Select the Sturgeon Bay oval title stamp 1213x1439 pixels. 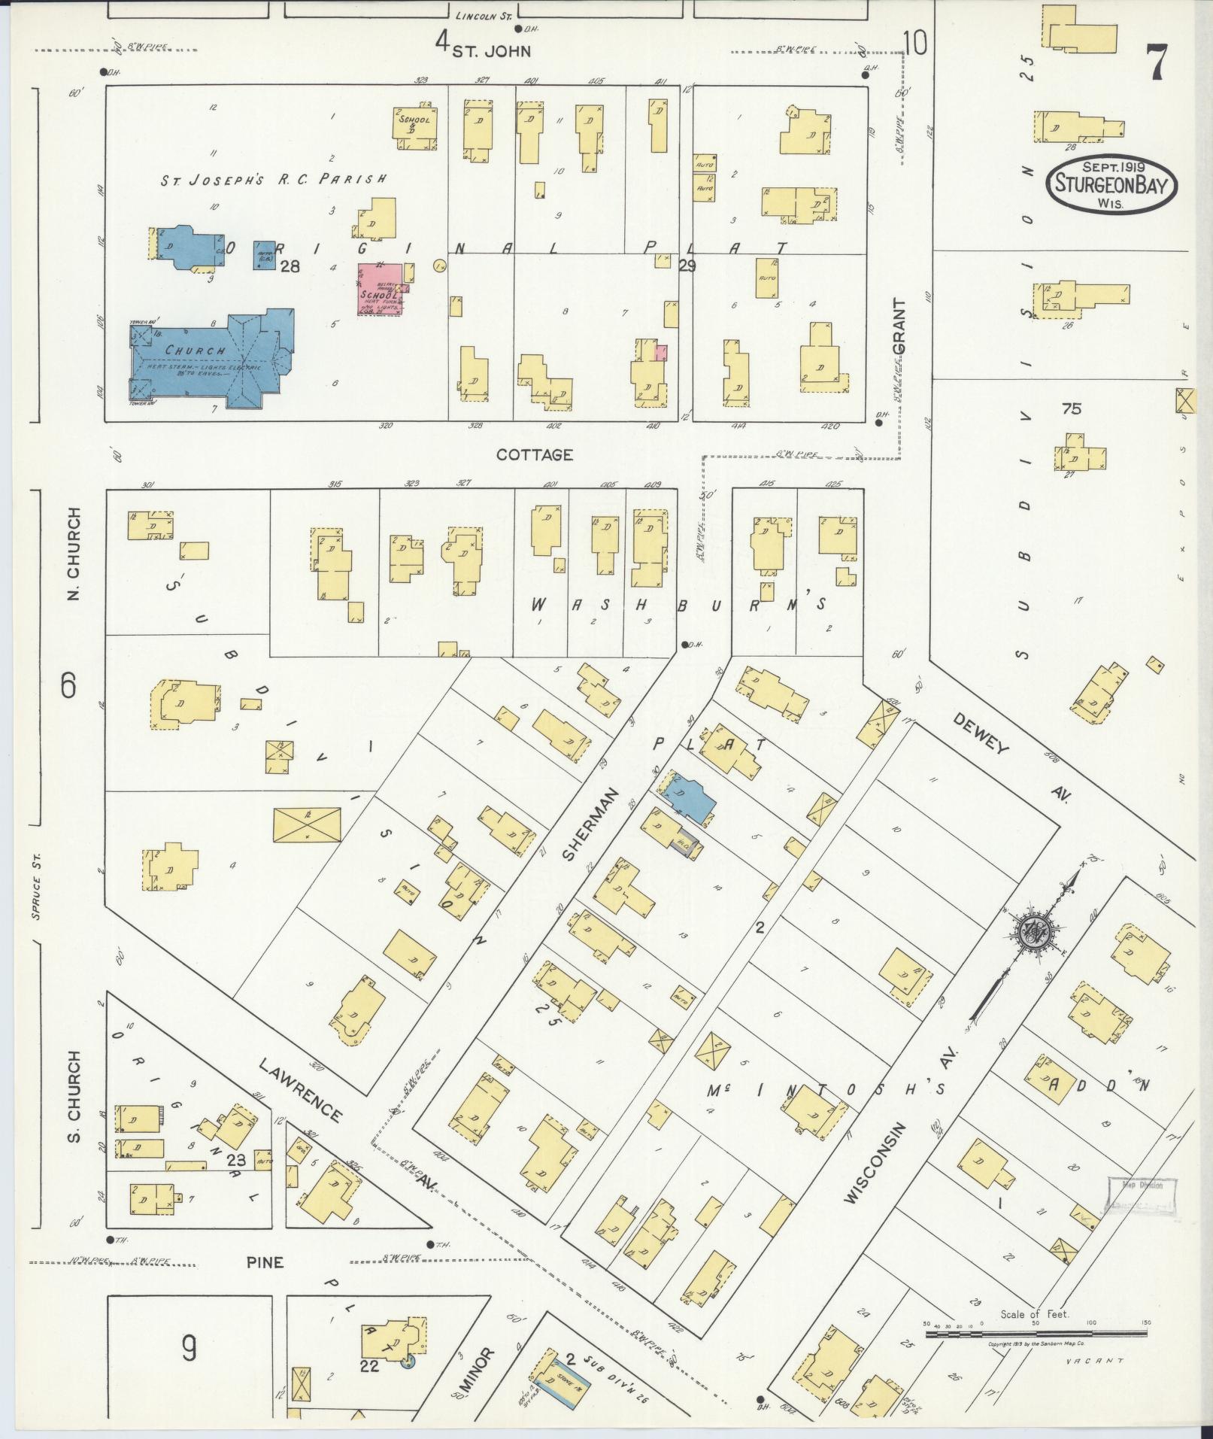tap(1109, 185)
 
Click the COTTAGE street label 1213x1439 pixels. tap(535, 455)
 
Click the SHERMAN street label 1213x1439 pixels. tap(591, 824)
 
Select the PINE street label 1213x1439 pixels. tap(265, 1262)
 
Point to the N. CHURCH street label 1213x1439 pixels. tap(74, 554)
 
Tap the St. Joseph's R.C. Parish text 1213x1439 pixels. tap(274, 179)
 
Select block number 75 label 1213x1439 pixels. tap(1071, 409)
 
